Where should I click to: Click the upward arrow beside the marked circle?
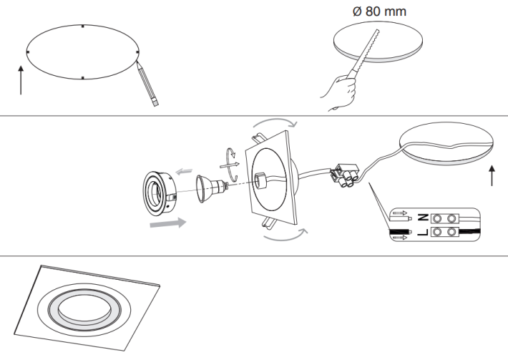coord(21,79)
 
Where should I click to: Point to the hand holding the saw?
coord(342,91)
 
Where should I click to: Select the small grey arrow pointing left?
coord(185,172)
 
